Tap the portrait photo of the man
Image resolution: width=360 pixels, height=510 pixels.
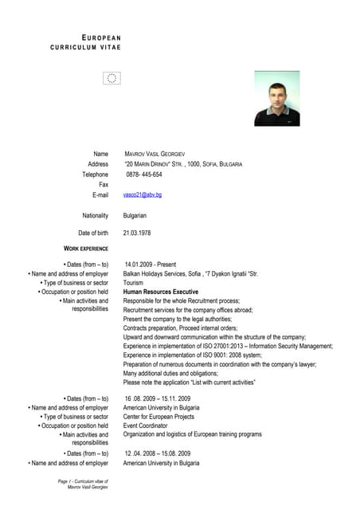[276, 99]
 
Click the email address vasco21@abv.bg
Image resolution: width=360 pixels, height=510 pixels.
[143, 194]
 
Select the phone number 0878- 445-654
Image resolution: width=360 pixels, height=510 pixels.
[144, 174]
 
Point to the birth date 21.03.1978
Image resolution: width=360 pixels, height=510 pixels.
[136, 233]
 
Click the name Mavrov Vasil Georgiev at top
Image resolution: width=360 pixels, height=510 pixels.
[155, 153]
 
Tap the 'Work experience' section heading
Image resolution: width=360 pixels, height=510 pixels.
[86, 249]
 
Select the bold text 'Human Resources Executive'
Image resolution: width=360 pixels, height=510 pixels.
[160, 292]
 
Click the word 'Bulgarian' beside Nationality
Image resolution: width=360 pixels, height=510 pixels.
[135, 215]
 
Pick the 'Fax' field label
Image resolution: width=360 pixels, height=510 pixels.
[103, 184]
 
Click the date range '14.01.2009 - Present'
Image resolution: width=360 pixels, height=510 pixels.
[150, 264]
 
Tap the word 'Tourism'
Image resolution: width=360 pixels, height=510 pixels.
[133, 283]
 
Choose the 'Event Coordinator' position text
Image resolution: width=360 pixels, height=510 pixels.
[146, 426]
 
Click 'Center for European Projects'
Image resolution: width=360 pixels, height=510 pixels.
[158, 416]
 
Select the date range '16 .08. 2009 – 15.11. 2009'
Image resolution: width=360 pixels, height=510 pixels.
[157, 398]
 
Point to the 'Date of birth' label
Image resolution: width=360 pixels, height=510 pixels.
[92, 233]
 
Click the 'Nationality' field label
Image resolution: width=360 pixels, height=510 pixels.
[95, 215]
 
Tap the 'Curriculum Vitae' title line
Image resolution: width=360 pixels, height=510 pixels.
[86, 48]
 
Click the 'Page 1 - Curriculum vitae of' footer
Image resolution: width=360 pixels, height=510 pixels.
[83, 481]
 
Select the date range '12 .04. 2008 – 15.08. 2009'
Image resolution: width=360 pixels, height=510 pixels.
[157, 453]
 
